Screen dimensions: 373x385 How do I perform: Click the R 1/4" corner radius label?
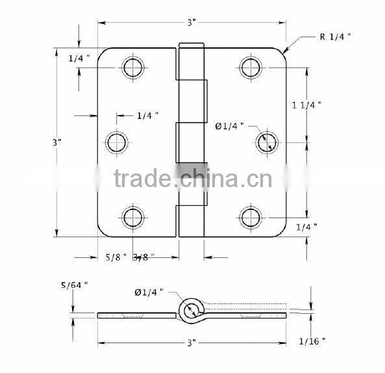pyautogui.click(x=335, y=36)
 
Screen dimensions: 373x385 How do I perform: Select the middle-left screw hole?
pyautogui.click(x=117, y=142)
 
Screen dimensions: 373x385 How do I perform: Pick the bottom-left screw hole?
pyautogui.click(x=132, y=216)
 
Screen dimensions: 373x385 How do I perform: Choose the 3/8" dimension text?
pyautogui.click(x=140, y=257)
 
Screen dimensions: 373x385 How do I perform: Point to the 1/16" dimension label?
pyautogui.click(x=312, y=341)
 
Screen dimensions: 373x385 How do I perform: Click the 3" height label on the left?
pyautogui.click(x=58, y=142)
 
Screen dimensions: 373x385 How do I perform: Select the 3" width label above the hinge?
pyautogui.click(x=192, y=23)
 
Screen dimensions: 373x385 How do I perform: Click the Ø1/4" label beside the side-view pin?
pyautogui.click(x=149, y=292)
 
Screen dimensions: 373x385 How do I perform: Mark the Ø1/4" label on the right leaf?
pyautogui.click(x=229, y=126)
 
